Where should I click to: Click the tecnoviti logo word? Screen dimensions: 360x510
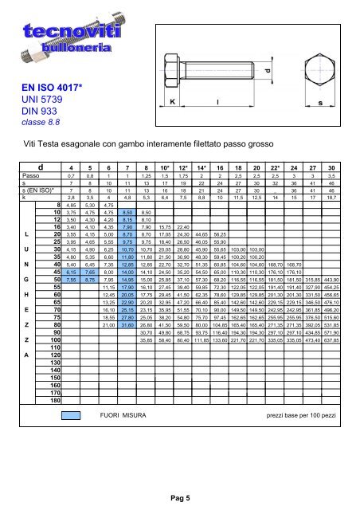(53, 31)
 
